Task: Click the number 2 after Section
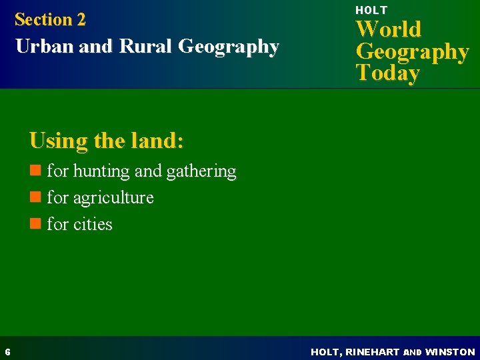coord(81,20)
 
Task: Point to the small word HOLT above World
coord(371,10)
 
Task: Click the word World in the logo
coord(389,29)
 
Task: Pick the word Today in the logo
coord(387,73)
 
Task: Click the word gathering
coord(201,172)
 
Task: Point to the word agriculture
coord(113,198)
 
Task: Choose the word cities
coord(93,224)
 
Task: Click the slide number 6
coord(7,351)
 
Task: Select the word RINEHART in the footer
coord(370,351)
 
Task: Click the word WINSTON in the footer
coord(450,351)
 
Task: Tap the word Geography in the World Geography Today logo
coord(412,51)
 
